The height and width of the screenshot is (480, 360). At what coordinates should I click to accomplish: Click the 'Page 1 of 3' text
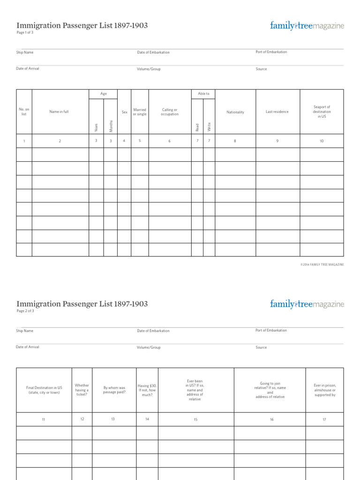[x=25, y=33]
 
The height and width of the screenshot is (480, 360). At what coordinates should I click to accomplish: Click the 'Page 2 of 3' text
[x=25, y=311]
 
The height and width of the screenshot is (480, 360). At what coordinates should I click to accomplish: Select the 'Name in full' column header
[x=59, y=112]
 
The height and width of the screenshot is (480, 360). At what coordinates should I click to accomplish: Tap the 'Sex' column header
[x=124, y=112]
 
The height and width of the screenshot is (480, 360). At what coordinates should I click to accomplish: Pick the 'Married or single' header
[x=140, y=112]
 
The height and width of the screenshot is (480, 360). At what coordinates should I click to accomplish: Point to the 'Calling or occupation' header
[x=170, y=112]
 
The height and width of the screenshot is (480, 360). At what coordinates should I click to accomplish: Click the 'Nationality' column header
[x=235, y=112]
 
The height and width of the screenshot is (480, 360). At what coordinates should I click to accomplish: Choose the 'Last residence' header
[x=277, y=112]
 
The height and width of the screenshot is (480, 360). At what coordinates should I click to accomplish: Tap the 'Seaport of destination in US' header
[x=322, y=112]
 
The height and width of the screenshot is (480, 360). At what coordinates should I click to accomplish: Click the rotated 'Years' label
[x=96, y=127]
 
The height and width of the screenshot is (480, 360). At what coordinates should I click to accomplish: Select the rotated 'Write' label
[x=209, y=127]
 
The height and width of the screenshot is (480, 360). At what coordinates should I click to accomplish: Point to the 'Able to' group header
[x=203, y=94]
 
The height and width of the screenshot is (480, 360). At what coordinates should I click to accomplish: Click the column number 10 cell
[x=322, y=141]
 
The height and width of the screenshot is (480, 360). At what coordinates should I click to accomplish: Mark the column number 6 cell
[x=170, y=141]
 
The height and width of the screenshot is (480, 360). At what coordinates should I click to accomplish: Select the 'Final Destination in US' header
[x=44, y=390]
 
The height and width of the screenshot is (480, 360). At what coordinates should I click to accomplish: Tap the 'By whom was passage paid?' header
[x=114, y=390]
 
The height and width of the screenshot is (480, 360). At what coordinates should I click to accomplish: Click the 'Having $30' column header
[x=147, y=390]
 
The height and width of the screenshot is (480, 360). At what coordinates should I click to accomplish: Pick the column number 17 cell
[x=324, y=419]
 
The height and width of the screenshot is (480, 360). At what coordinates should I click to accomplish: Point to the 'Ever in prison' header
[x=324, y=390]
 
